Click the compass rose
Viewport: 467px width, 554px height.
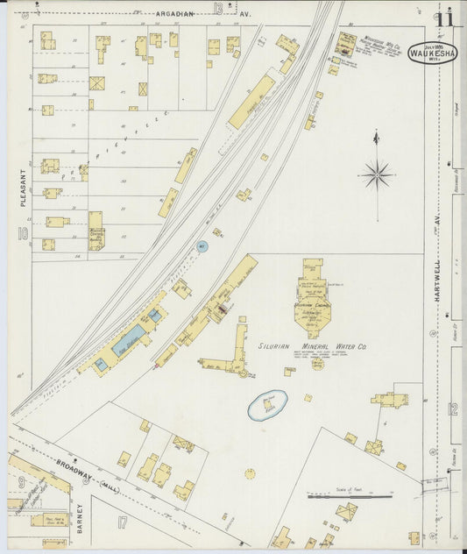point(377,174)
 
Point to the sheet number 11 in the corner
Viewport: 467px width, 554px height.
point(445,18)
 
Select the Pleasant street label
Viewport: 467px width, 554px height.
point(24,187)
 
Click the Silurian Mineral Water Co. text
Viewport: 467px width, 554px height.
point(313,348)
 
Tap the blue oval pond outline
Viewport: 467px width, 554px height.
point(268,405)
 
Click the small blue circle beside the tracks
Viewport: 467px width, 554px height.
point(202,248)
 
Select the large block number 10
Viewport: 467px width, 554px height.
point(22,234)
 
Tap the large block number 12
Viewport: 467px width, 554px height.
point(452,408)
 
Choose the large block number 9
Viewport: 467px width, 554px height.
point(20,481)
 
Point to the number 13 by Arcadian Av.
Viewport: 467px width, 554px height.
point(217,9)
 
